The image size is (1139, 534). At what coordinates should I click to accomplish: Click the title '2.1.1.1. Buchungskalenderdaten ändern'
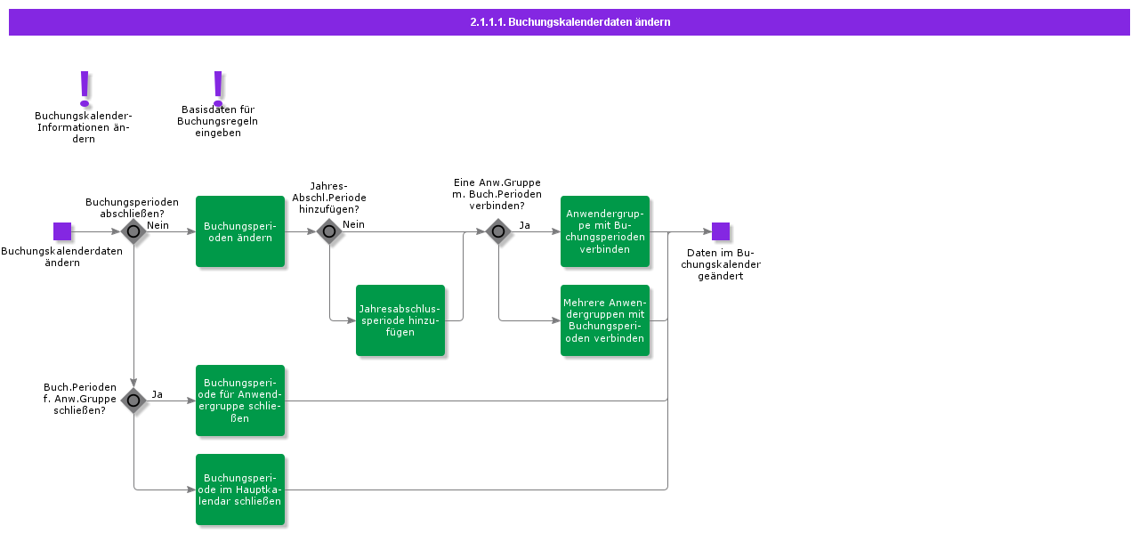coord(569,22)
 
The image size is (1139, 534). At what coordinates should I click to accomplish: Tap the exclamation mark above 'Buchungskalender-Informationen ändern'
coord(85,88)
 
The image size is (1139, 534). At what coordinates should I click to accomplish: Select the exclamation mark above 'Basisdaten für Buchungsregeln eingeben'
coord(218,87)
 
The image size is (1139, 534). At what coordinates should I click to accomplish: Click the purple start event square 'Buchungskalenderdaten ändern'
coord(62,231)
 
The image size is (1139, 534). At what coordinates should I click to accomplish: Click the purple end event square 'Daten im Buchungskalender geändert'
coord(721,231)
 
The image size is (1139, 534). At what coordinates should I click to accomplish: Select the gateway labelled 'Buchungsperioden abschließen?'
coord(133,231)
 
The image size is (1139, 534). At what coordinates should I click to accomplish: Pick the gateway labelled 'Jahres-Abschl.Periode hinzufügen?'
coord(329,231)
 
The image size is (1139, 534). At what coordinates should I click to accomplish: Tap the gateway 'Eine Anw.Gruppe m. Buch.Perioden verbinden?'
coord(498,231)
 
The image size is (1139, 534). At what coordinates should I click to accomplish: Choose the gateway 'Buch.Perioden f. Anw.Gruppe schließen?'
coord(133,400)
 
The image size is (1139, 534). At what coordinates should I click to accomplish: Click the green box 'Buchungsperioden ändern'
coord(240,231)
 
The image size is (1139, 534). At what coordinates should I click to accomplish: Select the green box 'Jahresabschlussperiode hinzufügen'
coord(400,320)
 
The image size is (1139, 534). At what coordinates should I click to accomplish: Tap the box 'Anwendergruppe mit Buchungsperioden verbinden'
coord(605,231)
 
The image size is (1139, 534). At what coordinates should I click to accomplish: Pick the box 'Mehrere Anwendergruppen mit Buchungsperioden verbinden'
coord(605,320)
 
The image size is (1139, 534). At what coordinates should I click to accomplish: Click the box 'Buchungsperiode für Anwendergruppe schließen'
coord(240,400)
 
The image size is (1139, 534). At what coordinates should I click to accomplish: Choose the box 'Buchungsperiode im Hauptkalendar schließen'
coord(240,489)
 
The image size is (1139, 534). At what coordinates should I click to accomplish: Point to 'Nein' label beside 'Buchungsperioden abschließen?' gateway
coord(158,225)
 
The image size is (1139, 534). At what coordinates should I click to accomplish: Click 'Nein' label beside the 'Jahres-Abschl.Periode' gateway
coord(353,225)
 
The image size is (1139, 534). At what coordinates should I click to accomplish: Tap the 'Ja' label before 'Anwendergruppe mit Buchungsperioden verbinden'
coord(524,225)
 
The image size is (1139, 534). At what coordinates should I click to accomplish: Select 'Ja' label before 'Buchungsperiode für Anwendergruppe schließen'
coord(157,394)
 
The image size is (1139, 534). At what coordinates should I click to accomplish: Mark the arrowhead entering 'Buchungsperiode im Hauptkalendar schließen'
coord(191,489)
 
